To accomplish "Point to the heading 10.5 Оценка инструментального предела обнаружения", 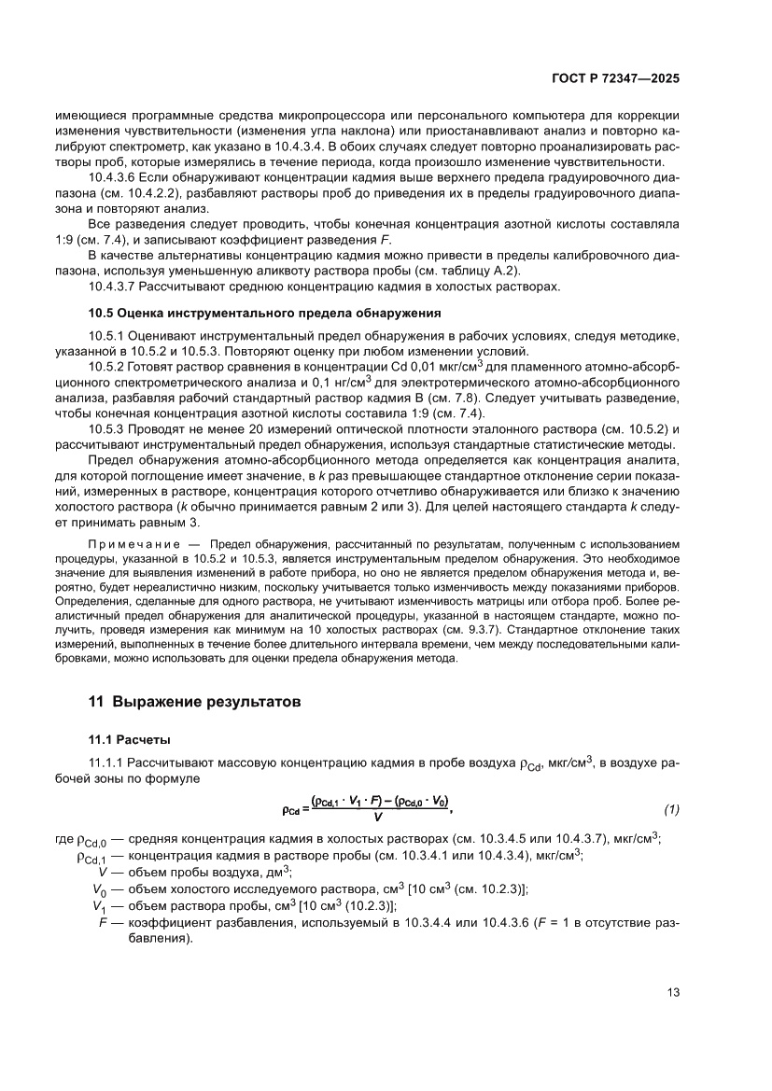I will coord(264,311).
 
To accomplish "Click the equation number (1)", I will coord(670,806).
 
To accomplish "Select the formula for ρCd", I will coord(373,806).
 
